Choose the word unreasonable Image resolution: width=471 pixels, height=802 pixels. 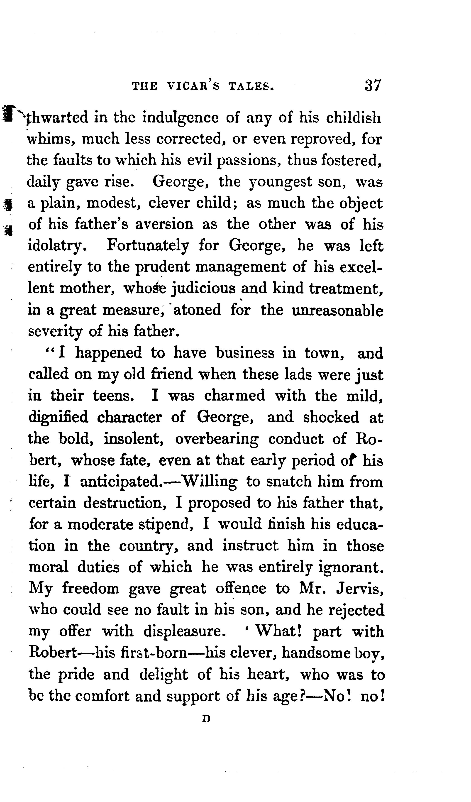[338, 310]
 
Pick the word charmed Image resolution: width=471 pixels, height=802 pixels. [234, 396]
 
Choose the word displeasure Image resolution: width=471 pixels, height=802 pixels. [185, 632]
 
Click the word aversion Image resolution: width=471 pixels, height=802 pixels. [164, 225]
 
